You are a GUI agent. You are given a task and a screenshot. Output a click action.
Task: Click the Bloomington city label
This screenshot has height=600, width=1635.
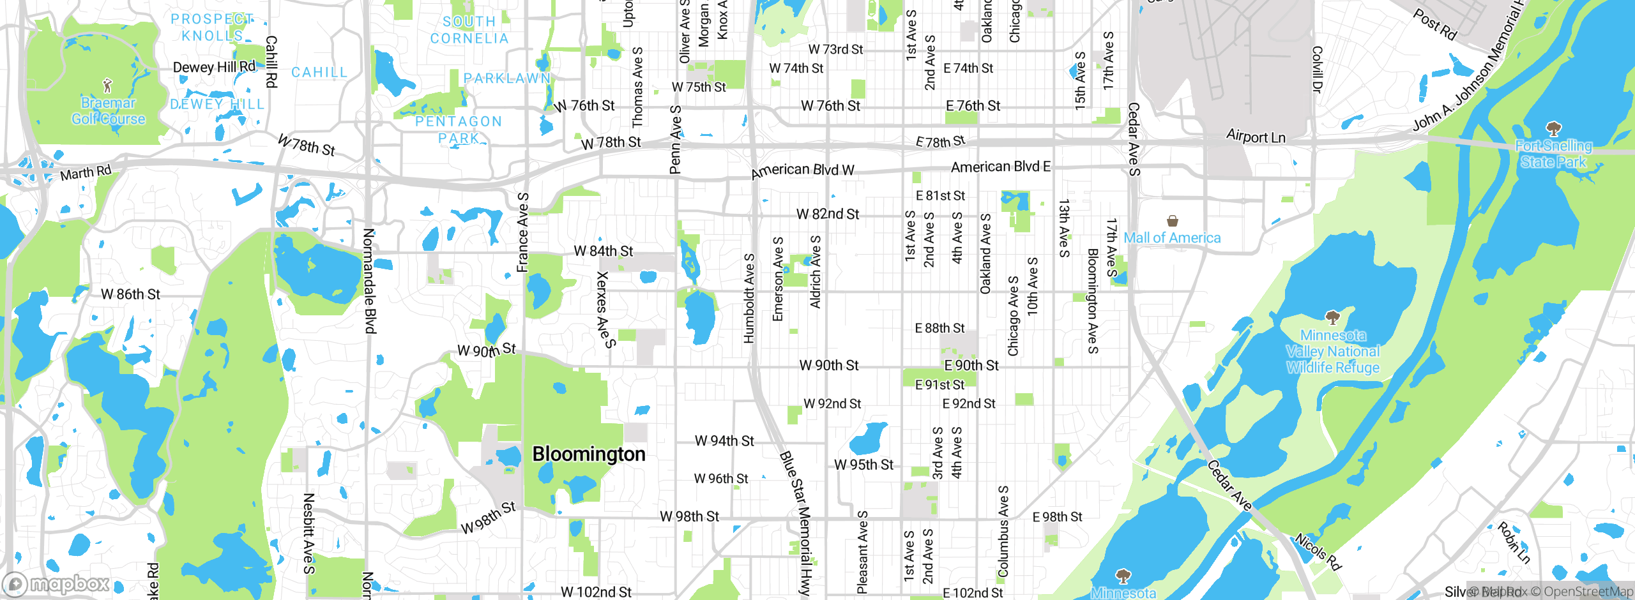point(588,454)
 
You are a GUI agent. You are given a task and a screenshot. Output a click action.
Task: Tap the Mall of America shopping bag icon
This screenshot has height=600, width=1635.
point(1172,221)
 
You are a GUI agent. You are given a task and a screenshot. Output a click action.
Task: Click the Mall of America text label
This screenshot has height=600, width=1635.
point(1172,238)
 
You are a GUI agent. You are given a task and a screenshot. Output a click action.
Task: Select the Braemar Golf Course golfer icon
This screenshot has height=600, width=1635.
point(107,85)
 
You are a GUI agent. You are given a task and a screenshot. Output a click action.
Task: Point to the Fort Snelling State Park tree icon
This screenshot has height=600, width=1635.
point(1553,128)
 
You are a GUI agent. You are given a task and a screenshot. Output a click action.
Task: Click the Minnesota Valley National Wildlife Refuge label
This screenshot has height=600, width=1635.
point(1332,352)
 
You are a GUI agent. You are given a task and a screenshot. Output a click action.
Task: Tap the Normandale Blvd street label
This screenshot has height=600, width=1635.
point(370,281)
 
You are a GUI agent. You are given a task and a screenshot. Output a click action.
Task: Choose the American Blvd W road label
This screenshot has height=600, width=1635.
point(802,170)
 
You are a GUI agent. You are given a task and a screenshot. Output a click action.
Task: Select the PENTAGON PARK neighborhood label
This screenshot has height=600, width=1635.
point(459,130)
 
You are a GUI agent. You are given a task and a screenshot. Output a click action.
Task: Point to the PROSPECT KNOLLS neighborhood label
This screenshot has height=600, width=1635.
point(212,27)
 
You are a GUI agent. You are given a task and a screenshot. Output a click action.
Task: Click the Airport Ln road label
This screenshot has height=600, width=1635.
point(1255,137)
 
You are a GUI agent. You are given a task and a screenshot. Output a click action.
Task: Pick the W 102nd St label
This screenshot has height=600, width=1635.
point(596,592)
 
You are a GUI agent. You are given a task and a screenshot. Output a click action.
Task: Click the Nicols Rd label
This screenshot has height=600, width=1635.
point(1318,551)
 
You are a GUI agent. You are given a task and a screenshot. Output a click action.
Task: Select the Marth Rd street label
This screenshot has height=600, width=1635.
point(86,172)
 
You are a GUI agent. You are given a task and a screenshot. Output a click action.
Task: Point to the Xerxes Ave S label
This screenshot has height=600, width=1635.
point(605,310)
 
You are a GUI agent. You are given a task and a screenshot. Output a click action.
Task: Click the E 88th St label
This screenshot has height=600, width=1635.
point(939,328)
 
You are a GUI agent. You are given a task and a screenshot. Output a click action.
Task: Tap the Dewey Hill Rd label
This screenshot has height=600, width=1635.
point(214,67)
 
